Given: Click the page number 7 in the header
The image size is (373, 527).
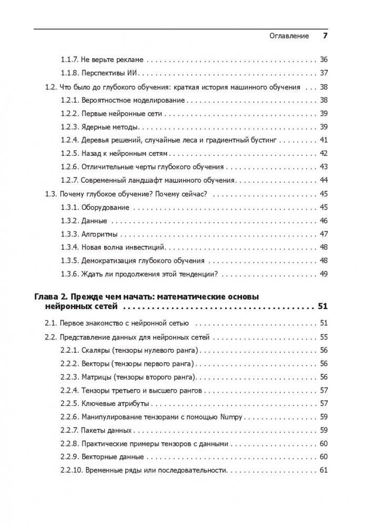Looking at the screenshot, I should [x=325, y=36].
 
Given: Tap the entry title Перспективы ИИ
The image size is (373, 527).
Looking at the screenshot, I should [x=111, y=73].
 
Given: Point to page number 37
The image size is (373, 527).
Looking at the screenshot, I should [x=324, y=73].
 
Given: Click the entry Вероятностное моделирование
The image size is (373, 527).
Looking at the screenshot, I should [x=133, y=101].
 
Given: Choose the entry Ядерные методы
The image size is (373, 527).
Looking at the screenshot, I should [x=110, y=127].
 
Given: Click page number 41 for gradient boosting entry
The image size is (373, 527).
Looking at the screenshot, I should [x=324, y=141].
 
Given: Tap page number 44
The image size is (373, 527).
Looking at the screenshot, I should [x=324, y=181].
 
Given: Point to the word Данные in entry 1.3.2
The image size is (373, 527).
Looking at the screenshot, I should [x=94, y=221].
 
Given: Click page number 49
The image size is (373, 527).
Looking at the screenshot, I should [x=324, y=274].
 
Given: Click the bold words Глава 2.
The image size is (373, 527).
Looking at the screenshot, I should [x=49, y=297].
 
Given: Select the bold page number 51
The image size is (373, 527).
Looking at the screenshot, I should [x=323, y=306].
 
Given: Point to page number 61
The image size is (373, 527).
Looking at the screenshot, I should [x=324, y=470].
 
